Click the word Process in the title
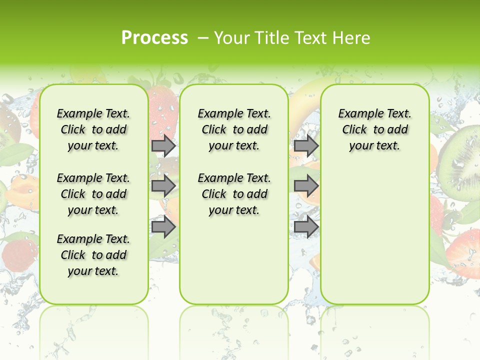point(154,38)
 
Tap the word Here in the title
point(351,38)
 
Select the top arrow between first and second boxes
point(163,146)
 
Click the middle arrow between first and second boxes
point(163,186)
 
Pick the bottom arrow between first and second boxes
point(163,227)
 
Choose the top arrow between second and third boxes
point(306,146)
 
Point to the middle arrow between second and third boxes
point(306,186)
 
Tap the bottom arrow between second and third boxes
point(306,227)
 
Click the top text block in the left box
point(93,129)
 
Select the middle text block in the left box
point(93,194)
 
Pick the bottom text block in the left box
point(93,255)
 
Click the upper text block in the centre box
point(234,129)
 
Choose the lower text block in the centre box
point(234,194)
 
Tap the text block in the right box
point(374,129)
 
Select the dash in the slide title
point(202,38)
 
